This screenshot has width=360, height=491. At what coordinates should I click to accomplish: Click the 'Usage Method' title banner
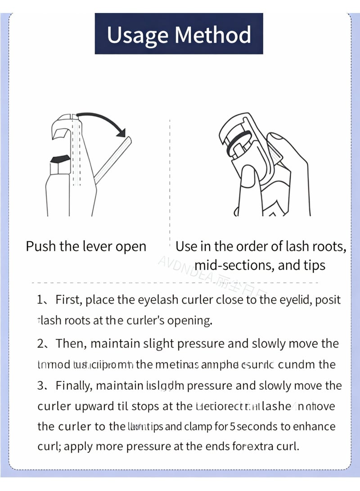(x=179, y=34)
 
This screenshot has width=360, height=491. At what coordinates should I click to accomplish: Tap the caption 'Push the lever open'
(x=86, y=247)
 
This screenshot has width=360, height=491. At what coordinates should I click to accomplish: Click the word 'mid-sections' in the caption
(x=234, y=265)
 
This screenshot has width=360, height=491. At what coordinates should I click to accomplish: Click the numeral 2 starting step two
(x=41, y=344)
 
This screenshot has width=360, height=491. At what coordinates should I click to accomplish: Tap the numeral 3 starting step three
(x=41, y=386)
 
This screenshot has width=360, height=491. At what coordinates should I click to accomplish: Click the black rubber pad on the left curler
(x=60, y=158)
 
